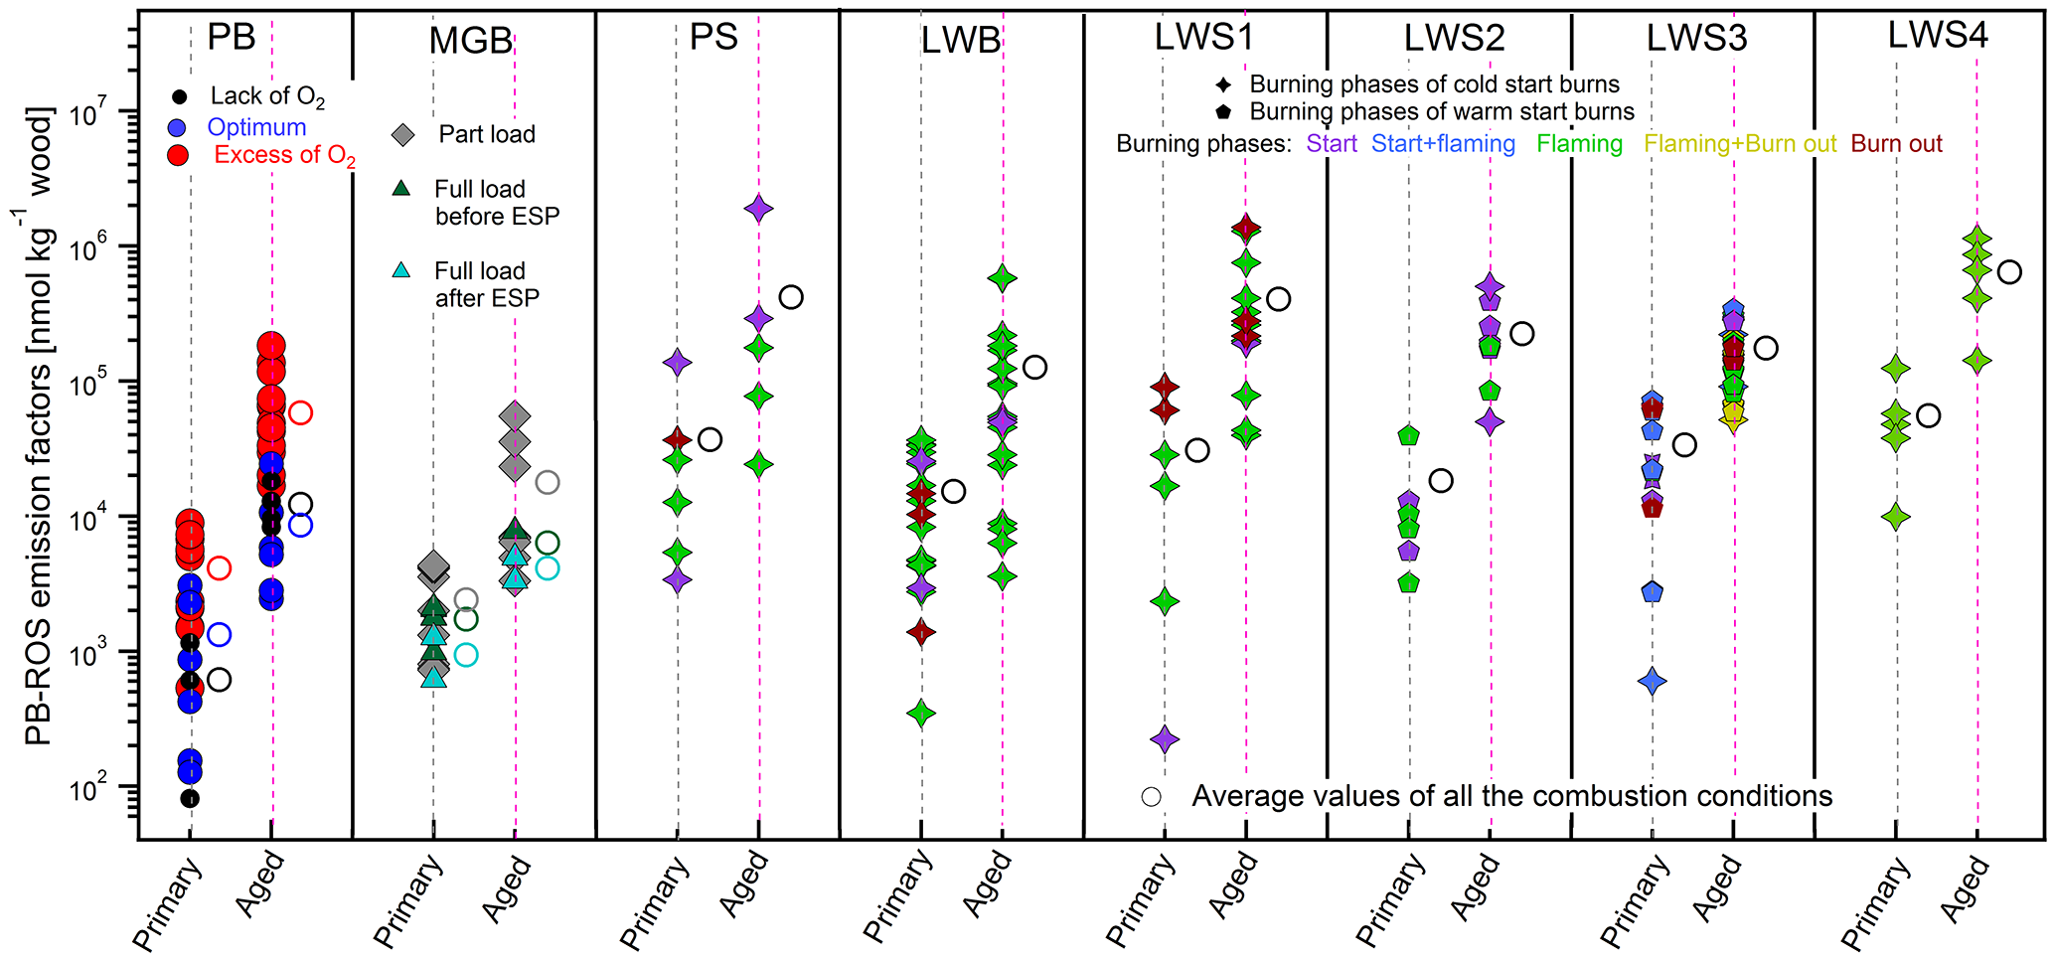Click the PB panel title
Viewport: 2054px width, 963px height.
tap(231, 37)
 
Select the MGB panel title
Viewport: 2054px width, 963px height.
tap(470, 41)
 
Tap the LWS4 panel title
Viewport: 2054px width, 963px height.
tap(1937, 35)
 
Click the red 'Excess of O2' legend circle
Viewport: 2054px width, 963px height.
tap(179, 155)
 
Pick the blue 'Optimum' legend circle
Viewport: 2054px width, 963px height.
tap(179, 127)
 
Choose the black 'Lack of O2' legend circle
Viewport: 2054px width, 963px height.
tap(179, 97)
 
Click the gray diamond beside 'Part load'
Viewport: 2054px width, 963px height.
tap(402, 134)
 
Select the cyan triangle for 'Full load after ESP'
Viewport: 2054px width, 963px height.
tap(401, 270)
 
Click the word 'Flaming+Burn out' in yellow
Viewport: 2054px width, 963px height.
tap(1739, 144)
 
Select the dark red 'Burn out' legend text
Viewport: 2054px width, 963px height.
tap(1896, 144)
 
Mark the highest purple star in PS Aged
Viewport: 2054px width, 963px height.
tap(759, 209)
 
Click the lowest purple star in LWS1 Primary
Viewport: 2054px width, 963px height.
tap(1165, 739)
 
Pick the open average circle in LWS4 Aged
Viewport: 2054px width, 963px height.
tap(2009, 272)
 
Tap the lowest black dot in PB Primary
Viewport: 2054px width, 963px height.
tap(190, 798)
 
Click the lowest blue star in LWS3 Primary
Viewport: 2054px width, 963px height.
tap(1653, 682)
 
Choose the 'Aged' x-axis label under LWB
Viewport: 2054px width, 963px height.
tap(987, 884)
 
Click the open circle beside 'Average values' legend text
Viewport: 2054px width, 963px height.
tap(1152, 797)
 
